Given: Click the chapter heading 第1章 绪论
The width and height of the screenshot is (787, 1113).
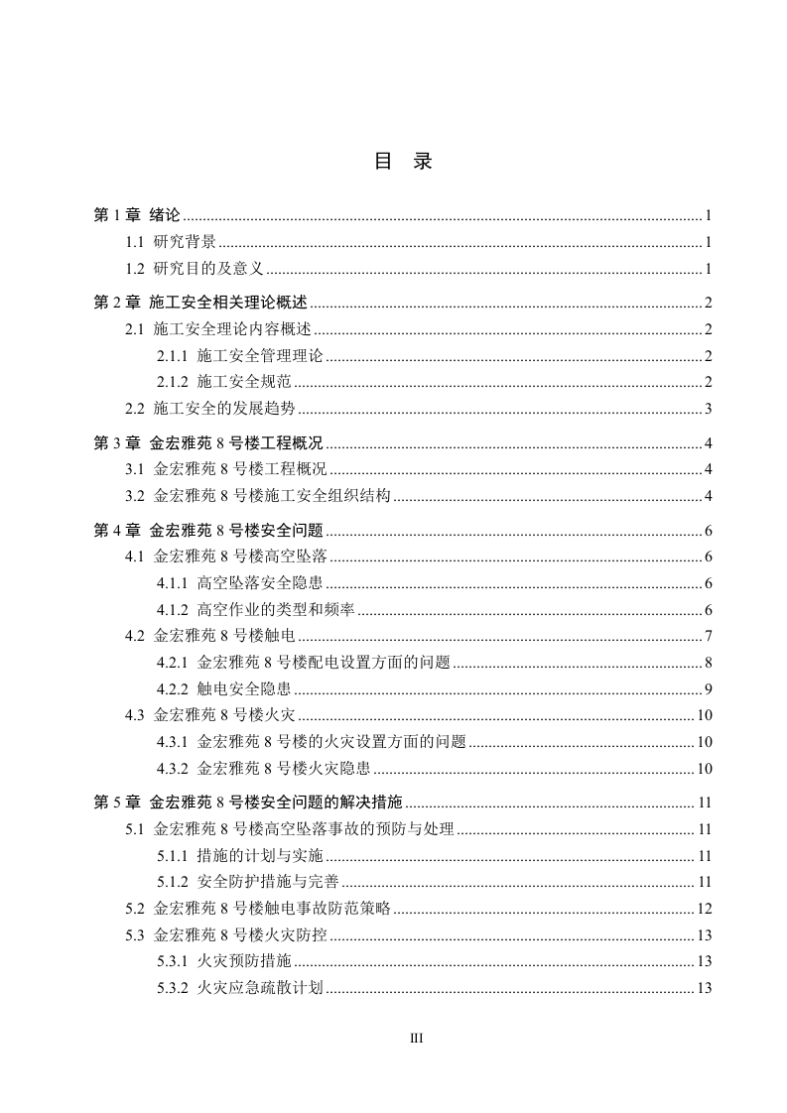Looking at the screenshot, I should (137, 214).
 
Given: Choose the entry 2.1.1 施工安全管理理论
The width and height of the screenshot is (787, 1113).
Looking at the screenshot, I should (240, 356).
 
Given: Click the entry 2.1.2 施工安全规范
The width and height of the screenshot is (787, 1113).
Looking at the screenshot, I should (224, 382).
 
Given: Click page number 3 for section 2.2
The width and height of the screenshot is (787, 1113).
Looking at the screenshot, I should (709, 408).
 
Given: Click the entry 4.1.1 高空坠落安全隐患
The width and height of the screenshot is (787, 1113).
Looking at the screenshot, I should (240, 583).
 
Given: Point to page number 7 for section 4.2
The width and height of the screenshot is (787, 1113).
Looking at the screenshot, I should (709, 636).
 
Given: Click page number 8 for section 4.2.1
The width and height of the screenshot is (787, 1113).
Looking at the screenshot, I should (709, 663).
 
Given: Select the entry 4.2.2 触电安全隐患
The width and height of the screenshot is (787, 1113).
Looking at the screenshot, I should (224, 688).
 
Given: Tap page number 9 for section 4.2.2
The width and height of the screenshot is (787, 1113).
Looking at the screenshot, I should (709, 688).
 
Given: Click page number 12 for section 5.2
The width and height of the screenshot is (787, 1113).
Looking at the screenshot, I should (705, 908).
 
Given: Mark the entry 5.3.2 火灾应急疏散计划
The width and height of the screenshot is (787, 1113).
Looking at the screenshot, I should (240, 987).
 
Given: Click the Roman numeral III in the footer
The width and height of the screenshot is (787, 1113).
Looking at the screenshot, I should (417, 1039).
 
